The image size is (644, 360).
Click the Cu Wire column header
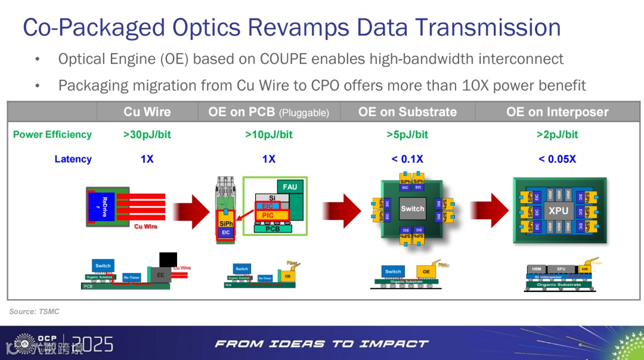point(147,112)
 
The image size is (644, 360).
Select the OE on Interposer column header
point(557,112)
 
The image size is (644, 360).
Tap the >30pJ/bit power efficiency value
point(147,135)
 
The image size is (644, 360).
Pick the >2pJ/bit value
point(557,135)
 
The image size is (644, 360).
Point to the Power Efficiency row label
point(52,135)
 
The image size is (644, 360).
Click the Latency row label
point(73,159)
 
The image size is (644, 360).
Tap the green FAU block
point(290,187)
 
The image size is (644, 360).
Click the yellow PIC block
point(268,215)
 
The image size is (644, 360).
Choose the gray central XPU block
point(558,210)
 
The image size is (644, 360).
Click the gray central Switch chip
point(412,209)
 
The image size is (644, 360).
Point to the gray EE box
point(160,275)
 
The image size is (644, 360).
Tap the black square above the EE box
point(168,260)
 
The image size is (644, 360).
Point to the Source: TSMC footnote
point(35,312)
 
